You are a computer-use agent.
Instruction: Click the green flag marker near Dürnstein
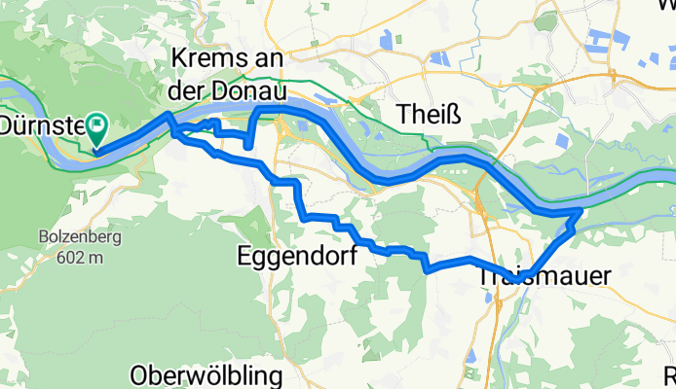97,124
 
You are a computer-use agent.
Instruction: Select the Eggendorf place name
296,256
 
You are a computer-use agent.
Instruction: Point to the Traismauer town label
545,277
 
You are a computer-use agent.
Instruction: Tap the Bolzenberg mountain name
72,236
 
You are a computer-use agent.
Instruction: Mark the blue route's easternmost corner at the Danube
581,209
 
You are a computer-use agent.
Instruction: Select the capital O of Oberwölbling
140,375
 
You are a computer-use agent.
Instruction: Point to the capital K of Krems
179,59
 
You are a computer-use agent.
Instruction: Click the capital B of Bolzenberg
44,236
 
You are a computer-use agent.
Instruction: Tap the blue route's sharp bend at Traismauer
529,275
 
